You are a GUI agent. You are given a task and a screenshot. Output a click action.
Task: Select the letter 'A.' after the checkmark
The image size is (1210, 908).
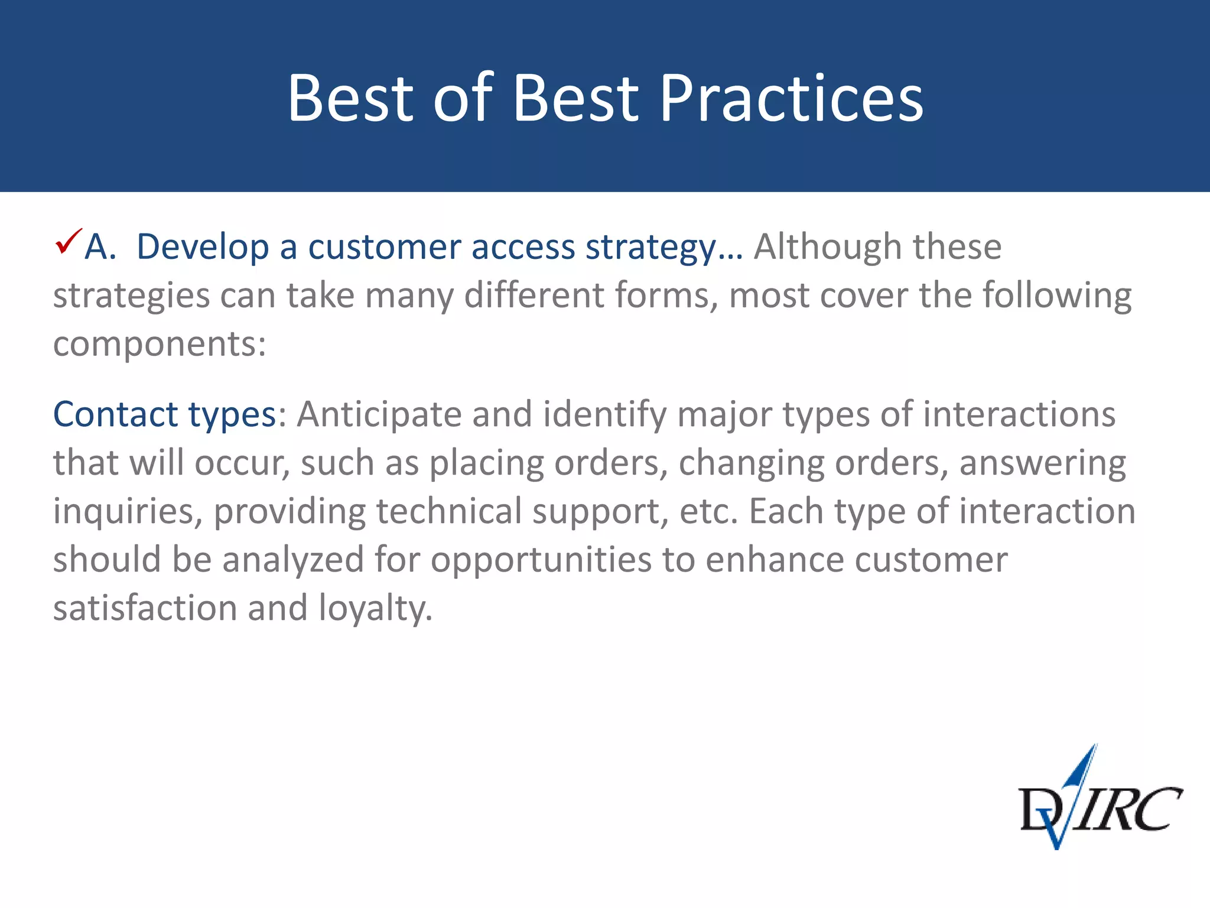(x=100, y=246)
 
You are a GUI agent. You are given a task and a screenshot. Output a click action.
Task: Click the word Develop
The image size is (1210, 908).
(x=203, y=247)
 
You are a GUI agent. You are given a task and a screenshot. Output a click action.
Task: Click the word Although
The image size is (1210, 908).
(x=827, y=247)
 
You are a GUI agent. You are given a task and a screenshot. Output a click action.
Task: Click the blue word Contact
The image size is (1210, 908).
(x=115, y=414)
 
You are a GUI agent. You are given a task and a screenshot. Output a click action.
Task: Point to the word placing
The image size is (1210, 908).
(x=486, y=463)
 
